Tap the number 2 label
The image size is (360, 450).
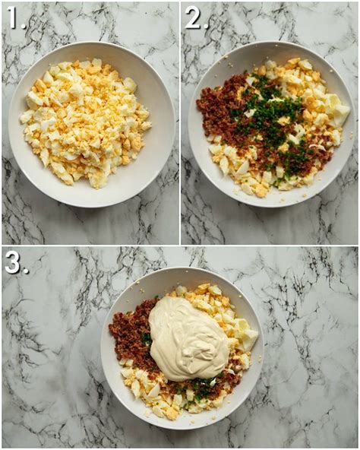pos(194,18)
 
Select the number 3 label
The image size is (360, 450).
pos(13,262)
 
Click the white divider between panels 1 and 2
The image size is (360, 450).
pos(181,122)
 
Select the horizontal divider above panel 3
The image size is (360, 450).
pos(180,246)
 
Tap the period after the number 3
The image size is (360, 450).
pos(26,271)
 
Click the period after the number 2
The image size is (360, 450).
pos(207,27)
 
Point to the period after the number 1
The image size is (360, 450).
pos(25,27)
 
